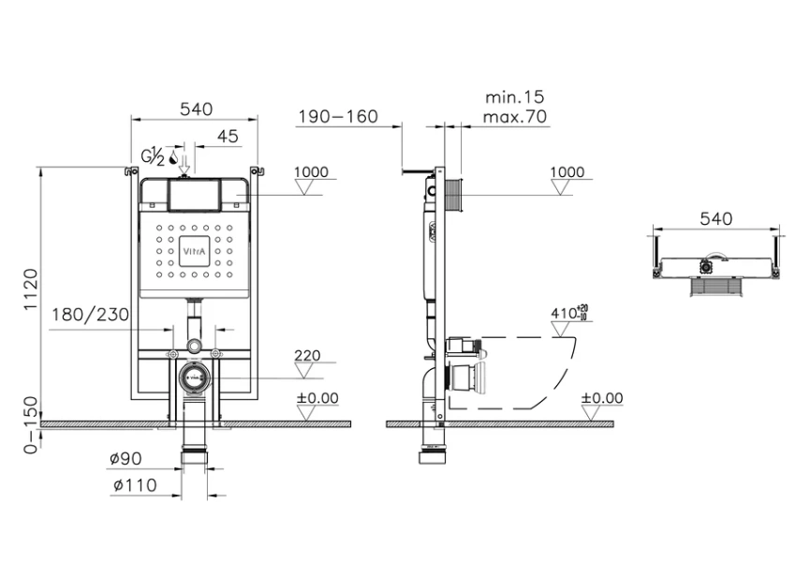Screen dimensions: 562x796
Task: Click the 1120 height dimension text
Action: pyautogui.click(x=30, y=292)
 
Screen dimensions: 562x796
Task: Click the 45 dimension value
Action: pyautogui.click(x=228, y=137)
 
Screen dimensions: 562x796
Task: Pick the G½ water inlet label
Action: pyautogui.click(x=153, y=155)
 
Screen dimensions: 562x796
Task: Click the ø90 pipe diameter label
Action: pyautogui.click(x=125, y=459)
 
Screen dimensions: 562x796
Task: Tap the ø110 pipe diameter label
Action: pyautogui.click(x=133, y=485)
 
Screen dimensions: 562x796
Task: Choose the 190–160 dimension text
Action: pyautogui.click(x=337, y=116)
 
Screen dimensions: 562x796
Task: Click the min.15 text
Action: pyautogui.click(x=514, y=97)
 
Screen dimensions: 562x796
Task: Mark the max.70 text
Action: pyautogui.click(x=514, y=117)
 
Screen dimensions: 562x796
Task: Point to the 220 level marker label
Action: pyautogui.click(x=307, y=356)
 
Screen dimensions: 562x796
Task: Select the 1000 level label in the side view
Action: pyautogui.click(x=567, y=172)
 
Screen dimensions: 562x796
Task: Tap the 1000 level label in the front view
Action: pyautogui.click(x=311, y=172)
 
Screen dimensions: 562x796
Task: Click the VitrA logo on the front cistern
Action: pyautogui.click(x=194, y=251)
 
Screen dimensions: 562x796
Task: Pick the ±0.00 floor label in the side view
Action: pyautogui.click(x=601, y=398)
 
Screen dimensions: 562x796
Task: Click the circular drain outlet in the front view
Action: pyautogui.click(x=194, y=377)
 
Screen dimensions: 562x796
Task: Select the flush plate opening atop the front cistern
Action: pyautogui.click(x=194, y=195)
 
